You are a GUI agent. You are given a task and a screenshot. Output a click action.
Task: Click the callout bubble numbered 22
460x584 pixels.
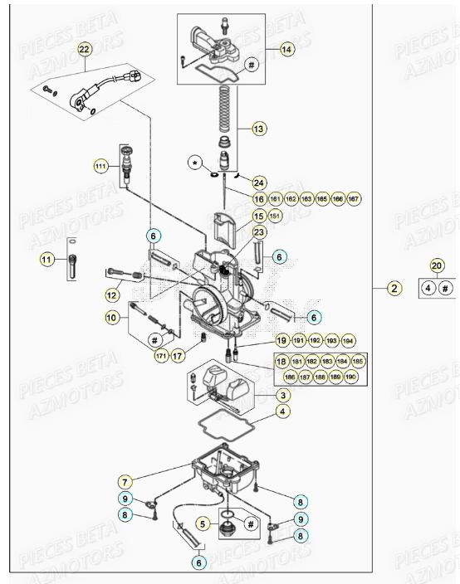pos(84,50)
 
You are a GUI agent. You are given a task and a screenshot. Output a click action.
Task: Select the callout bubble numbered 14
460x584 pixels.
pos(286,50)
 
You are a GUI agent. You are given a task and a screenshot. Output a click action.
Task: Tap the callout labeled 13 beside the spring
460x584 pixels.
pos(259,129)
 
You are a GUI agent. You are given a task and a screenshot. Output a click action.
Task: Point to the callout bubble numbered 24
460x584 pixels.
pos(259,182)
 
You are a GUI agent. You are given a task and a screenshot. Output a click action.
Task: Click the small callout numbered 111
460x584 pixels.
pos(100,166)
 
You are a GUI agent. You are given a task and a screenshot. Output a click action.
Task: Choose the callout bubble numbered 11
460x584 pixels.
pos(46,260)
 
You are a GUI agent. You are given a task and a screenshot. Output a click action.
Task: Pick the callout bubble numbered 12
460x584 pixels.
pos(111,294)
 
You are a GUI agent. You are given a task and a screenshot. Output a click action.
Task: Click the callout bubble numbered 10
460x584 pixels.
pos(111,316)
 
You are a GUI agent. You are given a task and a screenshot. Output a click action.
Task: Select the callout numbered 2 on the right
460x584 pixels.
pos(394,289)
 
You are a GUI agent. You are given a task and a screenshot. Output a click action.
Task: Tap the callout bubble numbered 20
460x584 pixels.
pos(437,265)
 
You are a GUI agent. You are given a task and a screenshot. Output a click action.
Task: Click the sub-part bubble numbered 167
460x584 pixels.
pos(354,199)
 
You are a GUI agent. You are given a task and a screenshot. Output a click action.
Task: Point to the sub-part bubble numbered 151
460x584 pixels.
pos(276,216)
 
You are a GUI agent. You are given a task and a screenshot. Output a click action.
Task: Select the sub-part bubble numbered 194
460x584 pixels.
pos(349,341)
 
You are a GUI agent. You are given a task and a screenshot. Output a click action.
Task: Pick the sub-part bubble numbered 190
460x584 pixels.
pos(352,377)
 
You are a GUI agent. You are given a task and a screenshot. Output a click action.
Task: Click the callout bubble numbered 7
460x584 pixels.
pos(125,481)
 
